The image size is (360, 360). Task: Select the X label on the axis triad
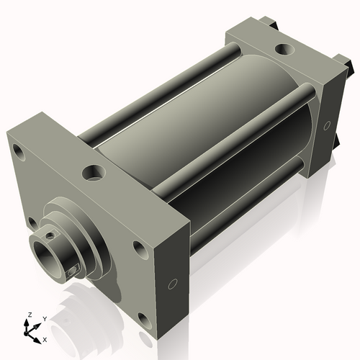click(x=45, y=338)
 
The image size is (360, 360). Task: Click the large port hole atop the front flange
click(x=93, y=173)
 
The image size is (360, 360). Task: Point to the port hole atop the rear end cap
click(x=285, y=50)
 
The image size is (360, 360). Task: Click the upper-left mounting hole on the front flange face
click(x=19, y=152)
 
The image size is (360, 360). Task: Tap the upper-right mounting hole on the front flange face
click(x=139, y=248)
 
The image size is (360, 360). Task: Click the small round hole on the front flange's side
click(x=172, y=284)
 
